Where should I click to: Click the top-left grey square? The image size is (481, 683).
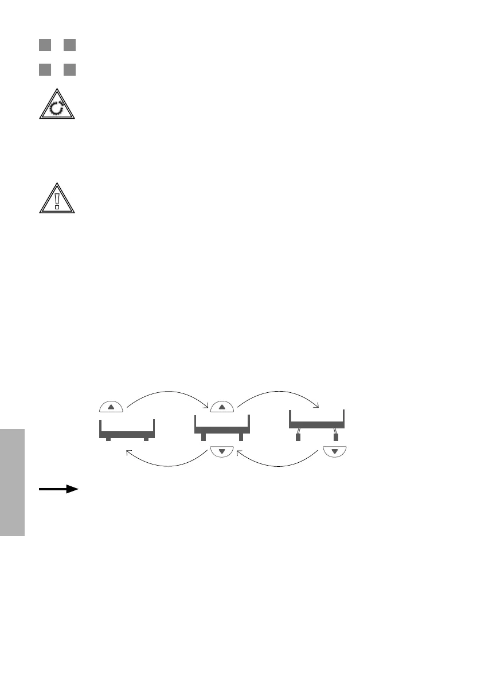tap(45, 45)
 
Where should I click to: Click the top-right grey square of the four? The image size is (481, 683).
tap(69, 45)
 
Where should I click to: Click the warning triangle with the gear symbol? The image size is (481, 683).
tap(57, 106)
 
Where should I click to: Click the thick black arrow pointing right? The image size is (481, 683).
tap(58, 489)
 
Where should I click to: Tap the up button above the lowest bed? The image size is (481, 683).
tap(111, 407)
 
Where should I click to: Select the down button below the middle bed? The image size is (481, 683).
tap(221, 452)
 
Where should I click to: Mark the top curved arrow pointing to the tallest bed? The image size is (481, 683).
tap(279, 393)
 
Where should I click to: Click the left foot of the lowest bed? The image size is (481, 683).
tap(108, 439)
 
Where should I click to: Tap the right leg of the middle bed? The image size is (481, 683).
tap(241, 437)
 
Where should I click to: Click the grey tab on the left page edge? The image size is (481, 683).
tap(12, 481)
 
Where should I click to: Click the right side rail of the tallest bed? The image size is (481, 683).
tap(343, 416)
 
